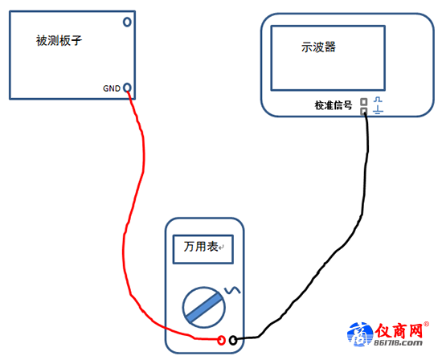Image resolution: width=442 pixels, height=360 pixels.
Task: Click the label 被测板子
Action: (x=59, y=41)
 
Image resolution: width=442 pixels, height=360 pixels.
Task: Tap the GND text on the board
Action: (x=112, y=88)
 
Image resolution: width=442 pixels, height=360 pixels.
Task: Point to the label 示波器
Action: (x=318, y=47)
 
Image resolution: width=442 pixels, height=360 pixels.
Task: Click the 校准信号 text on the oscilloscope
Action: (x=334, y=105)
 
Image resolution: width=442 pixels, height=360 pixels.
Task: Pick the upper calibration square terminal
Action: (x=364, y=101)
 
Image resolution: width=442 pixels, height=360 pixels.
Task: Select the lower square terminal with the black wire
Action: (x=364, y=111)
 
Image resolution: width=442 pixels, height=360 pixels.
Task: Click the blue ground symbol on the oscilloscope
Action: (x=378, y=110)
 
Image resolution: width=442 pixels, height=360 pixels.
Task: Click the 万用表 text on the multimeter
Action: (x=201, y=247)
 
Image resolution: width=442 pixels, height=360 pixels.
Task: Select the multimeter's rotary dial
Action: (x=204, y=307)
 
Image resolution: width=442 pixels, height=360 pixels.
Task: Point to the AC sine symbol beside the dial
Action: (x=232, y=290)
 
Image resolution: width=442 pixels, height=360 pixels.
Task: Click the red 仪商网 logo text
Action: (x=399, y=330)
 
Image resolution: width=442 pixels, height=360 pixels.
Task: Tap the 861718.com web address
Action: (x=398, y=343)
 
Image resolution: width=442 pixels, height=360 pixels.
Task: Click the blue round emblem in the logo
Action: (x=358, y=334)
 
